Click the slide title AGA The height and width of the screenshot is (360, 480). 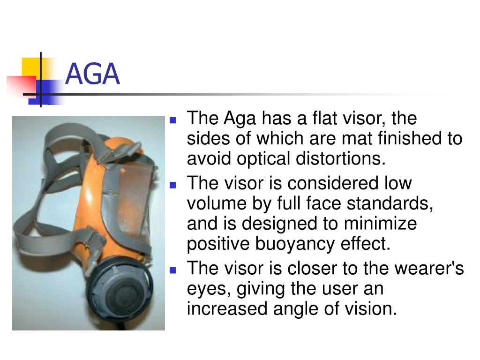pyautogui.click(x=92, y=75)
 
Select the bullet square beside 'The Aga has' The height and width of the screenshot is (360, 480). pyautogui.click(x=172, y=120)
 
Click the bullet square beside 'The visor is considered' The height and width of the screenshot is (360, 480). pyautogui.click(x=172, y=185)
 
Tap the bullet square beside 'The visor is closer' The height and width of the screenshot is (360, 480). pyautogui.click(x=172, y=270)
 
